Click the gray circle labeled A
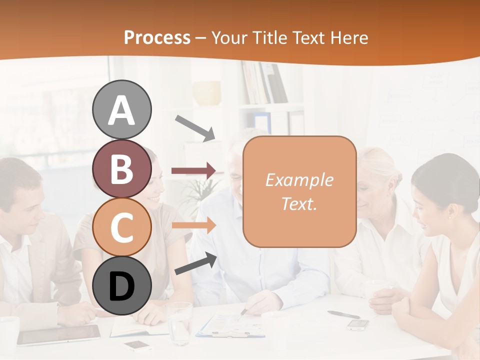[x=122, y=109]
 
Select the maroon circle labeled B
[x=122, y=168]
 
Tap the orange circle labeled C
[x=122, y=227]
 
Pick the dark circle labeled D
[x=122, y=286]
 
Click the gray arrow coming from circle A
[x=195, y=127]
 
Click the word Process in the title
[x=157, y=37]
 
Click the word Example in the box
[x=299, y=180]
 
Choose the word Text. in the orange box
[x=299, y=203]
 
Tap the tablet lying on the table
[x=59, y=334]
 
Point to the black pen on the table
[x=343, y=314]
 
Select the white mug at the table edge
[x=8, y=332]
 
